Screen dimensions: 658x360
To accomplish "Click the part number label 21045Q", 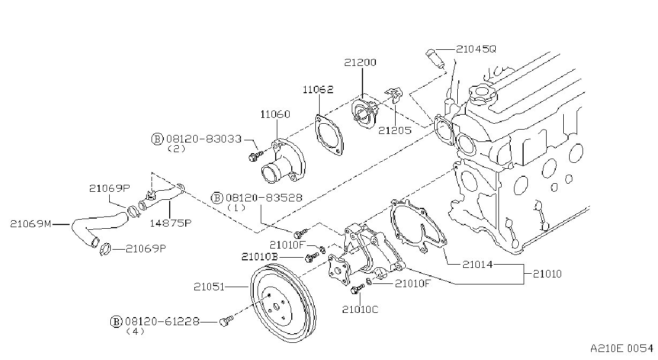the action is point(476,49).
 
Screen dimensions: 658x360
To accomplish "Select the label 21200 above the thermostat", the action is point(360,62).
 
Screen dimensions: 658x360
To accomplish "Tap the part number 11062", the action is point(318,89).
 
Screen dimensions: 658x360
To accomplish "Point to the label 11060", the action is point(275,114).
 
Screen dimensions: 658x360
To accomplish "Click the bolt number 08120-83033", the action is point(204,139).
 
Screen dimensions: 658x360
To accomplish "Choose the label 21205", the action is point(395,130).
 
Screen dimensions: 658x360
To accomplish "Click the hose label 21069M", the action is point(31,224).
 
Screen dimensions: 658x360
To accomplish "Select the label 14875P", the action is point(170,223).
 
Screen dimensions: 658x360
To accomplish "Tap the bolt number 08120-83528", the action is point(264,198).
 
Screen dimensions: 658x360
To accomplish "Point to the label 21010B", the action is point(260,257).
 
